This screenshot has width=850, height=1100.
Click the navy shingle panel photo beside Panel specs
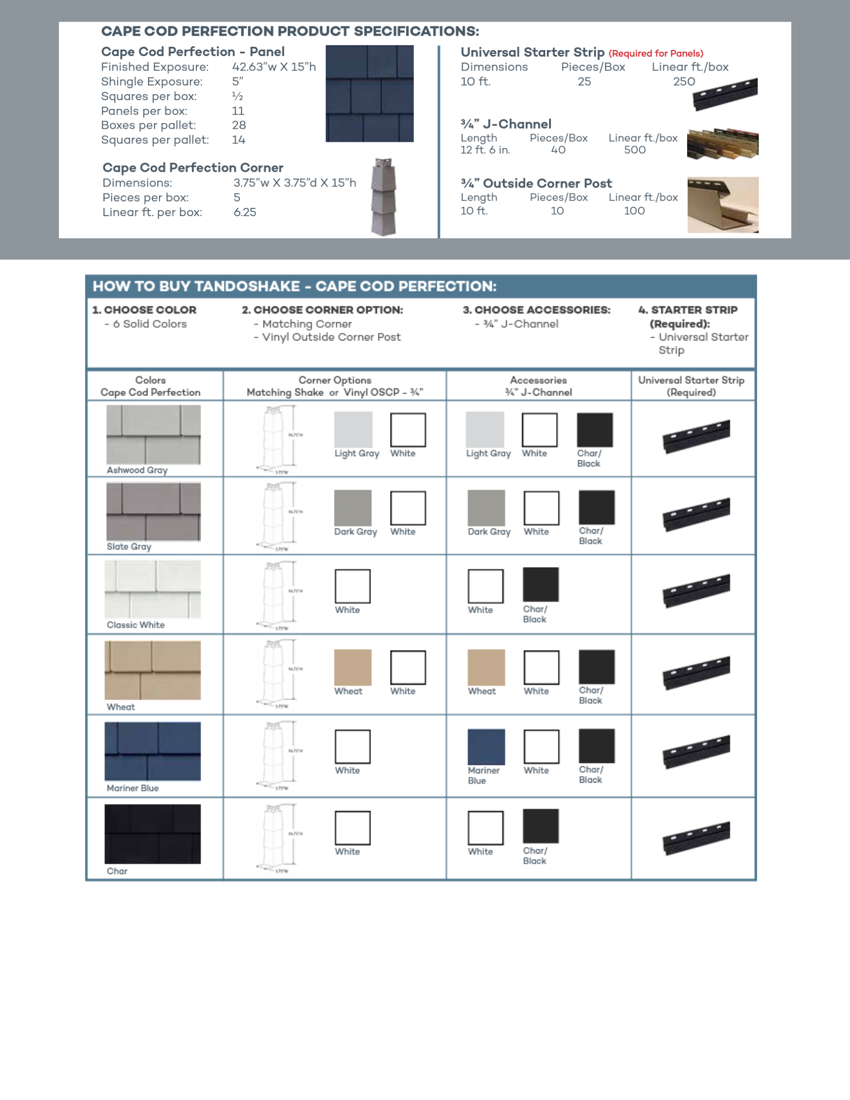coord(369,94)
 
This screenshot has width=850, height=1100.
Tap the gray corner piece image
coord(383,197)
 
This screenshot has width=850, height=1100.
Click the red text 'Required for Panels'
coord(656,53)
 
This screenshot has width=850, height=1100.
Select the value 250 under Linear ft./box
coord(684,81)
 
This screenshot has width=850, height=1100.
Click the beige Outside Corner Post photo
coord(722,205)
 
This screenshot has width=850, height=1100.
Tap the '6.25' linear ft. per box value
coord(245,212)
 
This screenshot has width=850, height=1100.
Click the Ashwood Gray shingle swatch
coord(153,435)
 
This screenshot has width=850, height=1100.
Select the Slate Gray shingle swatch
coord(153,512)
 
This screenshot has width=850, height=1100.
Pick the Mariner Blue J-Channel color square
coord(486,747)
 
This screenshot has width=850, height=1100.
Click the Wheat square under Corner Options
coord(353,667)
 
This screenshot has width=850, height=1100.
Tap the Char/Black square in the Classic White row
coord(540,585)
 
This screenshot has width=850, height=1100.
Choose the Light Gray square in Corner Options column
coord(353,430)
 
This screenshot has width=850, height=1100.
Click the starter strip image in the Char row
coord(696,838)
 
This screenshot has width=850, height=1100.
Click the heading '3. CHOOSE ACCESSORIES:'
coord(536,310)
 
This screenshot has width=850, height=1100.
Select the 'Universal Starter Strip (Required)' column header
coord(691,386)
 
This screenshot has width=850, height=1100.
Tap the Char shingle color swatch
coord(152,834)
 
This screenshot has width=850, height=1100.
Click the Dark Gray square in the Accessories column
coord(486,508)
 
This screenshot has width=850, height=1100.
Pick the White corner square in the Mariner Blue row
coord(353,747)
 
